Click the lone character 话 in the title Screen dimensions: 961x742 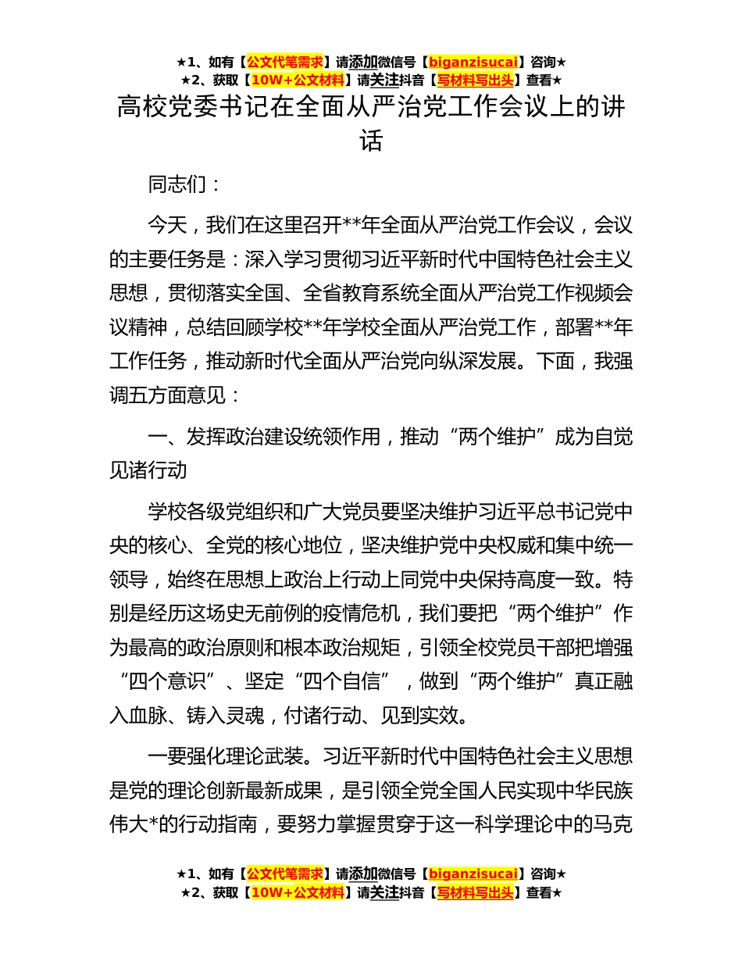[x=371, y=141]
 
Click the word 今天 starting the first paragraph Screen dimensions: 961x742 [x=167, y=226]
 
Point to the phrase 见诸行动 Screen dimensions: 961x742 [x=148, y=470]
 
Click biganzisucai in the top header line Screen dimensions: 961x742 [x=473, y=62]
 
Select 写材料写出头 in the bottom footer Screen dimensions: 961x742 [x=475, y=891]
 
